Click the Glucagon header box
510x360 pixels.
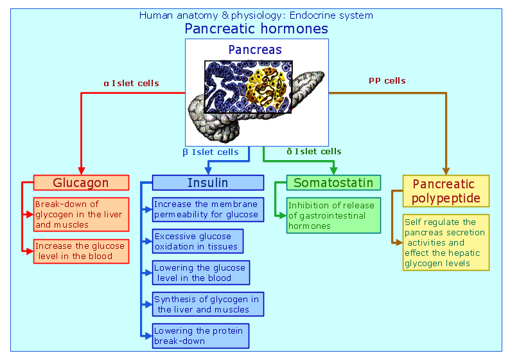pyautogui.click(x=80, y=183)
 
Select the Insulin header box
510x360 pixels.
pyautogui.click(x=207, y=183)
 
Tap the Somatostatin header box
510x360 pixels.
pyautogui.click(x=333, y=183)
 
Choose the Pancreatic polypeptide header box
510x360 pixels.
pyautogui.click(x=446, y=191)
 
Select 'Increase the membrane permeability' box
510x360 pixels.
pyautogui.click(x=207, y=210)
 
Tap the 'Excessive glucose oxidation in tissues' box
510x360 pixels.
pyautogui.click(x=197, y=241)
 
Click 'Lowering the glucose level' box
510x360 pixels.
pyautogui.click(x=200, y=273)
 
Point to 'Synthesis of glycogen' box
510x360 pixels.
pyautogui.click(x=207, y=304)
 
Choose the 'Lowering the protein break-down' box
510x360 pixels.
pyautogui.click(x=200, y=336)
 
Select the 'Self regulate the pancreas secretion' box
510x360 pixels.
pyautogui.click(x=446, y=242)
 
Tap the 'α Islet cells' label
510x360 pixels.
pyautogui.click(x=131, y=83)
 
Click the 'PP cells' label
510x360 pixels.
pyautogui.click(x=387, y=81)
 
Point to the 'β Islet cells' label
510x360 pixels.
pyautogui.click(x=211, y=152)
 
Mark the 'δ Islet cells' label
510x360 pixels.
pyautogui.click(x=314, y=152)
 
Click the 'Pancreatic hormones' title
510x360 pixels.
pyautogui.click(x=256, y=28)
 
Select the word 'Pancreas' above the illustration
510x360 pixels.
pyautogui.click(x=255, y=50)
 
